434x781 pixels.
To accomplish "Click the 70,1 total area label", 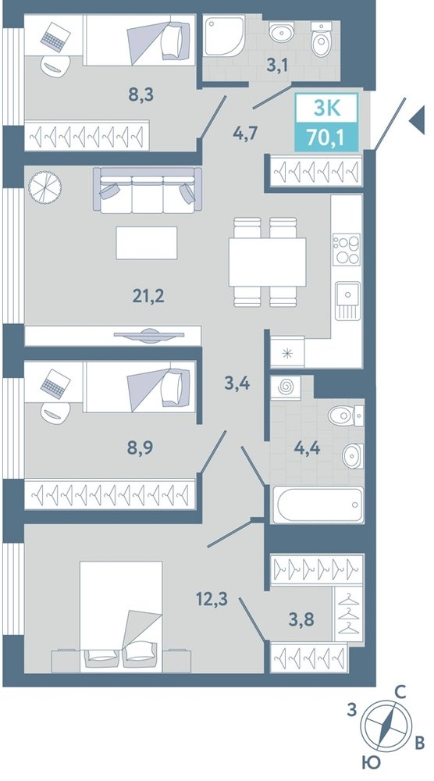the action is pyautogui.click(x=326, y=136).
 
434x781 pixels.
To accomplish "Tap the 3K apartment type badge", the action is pyautogui.click(x=327, y=108).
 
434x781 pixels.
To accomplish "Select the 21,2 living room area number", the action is pyautogui.click(x=148, y=296).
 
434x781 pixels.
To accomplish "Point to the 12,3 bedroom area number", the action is pyautogui.click(x=212, y=597).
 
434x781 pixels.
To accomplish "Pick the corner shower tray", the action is pyautogui.click(x=224, y=37).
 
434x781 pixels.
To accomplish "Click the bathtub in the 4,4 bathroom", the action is pyautogui.click(x=318, y=505).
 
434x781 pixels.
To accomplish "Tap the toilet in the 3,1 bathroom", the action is pyautogui.click(x=321, y=39).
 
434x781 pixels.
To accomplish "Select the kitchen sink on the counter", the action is pyautogui.click(x=347, y=301).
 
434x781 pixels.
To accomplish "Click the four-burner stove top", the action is pyautogui.click(x=347, y=250).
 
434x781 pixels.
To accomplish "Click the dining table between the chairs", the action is pyautogui.click(x=267, y=262).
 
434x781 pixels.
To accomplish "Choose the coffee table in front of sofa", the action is pyautogui.click(x=147, y=243).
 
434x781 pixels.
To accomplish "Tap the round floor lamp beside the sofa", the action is pyautogui.click(x=44, y=187).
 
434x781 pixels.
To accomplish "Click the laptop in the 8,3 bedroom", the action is pyautogui.click(x=55, y=37).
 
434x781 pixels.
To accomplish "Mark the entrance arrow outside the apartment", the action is pyautogui.click(x=417, y=120).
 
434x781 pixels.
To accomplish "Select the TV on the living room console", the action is pyautogui.click(x=149, y=336).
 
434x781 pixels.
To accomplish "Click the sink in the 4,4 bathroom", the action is pyautogui.click(x=353, y=456).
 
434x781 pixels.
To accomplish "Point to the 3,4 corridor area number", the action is pyautogui.click(x=237, y=383).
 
